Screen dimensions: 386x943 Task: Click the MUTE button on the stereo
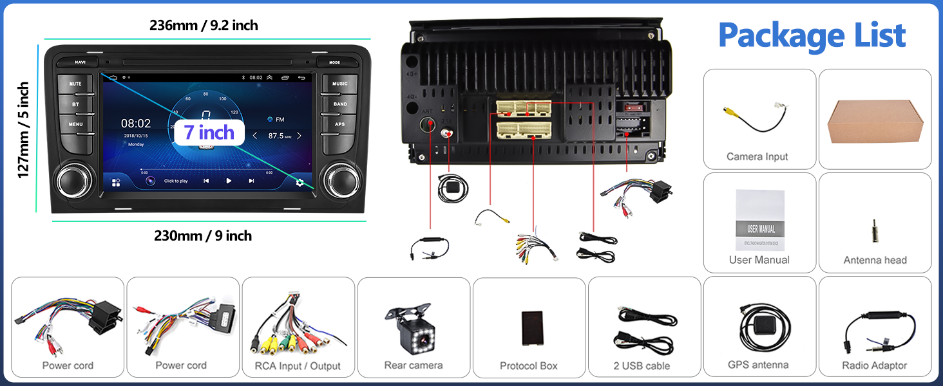(x=75, y=84)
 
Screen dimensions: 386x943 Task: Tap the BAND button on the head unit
(x=340, y=104)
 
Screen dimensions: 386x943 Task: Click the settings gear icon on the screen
(x=300, y=182)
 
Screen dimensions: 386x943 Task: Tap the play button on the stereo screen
(x=229, y=181)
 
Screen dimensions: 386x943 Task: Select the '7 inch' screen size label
(x=209, y=133)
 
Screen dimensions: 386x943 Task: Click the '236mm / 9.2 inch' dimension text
(x=204, y=26)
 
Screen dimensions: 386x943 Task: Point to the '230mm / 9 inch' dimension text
(x=203, y=235)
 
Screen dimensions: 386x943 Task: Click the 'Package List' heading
(x=812, y=35)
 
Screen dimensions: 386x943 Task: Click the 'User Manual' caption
(x=759, y=260)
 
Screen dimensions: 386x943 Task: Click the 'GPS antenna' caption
(x=758, y=365)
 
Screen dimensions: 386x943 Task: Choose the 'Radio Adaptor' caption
(x=874, y=365)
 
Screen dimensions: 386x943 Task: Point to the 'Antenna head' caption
(x=875, y=260)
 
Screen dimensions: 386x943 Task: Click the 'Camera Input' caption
(x=757, y=156)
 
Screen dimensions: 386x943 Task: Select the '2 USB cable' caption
(x=642, y=365)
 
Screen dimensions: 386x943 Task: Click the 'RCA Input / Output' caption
(x=298, y=366)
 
